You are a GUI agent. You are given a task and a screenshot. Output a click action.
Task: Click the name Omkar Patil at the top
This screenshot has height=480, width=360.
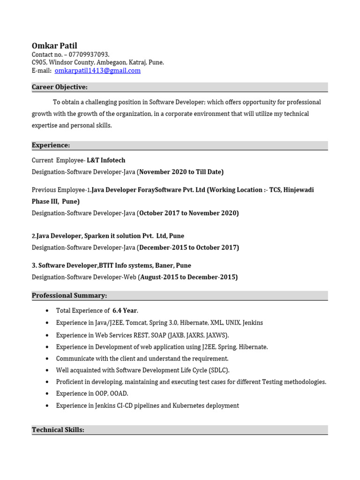click(54, 45)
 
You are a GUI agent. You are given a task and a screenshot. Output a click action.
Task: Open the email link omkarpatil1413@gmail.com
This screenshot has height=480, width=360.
click(97, 71)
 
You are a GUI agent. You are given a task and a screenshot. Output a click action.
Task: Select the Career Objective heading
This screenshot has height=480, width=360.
click(60, 87)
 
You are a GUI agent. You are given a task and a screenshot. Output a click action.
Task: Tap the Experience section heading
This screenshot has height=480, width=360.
click(51, 145)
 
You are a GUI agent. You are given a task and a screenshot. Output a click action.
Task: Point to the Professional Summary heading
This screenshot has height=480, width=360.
click(69, 295)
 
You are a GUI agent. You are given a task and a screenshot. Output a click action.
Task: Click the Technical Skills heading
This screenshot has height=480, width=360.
click(58, 429)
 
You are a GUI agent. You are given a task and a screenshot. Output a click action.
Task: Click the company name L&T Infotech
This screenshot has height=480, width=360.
click(106, 160)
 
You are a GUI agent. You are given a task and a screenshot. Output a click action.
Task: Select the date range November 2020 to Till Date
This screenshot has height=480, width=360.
click(181, 172)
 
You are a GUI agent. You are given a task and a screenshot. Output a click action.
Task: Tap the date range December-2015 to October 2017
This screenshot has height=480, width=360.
click(188, 247)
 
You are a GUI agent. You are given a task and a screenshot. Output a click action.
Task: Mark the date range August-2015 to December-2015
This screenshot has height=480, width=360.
click(188, 277)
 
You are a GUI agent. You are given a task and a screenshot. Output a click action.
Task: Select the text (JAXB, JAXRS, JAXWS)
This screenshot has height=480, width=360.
click(198, 335)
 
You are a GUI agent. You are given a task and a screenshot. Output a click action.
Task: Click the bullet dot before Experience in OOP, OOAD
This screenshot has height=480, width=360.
click(47, 394)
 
